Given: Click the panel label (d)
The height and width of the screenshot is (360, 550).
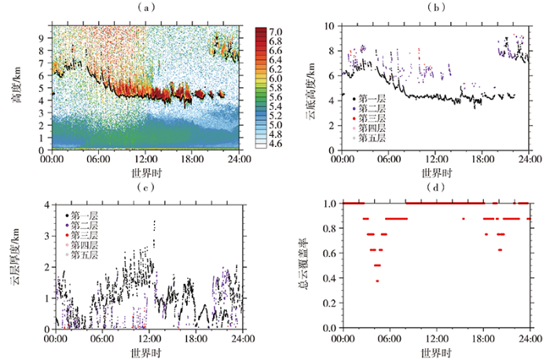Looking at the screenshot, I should click(436, 188).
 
